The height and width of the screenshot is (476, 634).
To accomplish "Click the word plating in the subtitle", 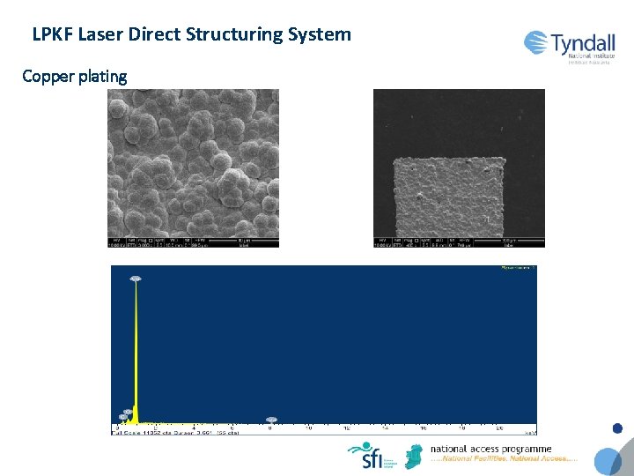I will tap(102, 77).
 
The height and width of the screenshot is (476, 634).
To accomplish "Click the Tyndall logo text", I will tap(584, 43).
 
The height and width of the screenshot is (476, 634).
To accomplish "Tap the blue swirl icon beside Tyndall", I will tap(537, 42).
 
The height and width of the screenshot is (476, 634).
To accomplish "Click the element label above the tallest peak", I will tap(136, 279).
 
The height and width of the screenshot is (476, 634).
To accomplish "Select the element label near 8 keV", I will tap(271, 420).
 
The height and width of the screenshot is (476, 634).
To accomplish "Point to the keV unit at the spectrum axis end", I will tap(530, 433).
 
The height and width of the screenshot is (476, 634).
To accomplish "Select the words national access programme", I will tap(490, 449).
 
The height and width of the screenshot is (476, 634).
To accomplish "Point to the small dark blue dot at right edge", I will tap(617, 429).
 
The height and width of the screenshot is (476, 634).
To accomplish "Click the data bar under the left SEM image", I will tap(193, 242).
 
